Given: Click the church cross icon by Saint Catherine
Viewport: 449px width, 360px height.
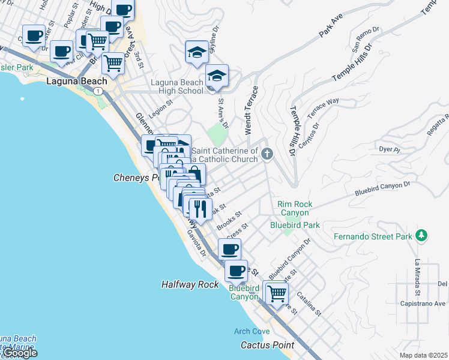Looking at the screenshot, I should pyautogui.click(x=267, y=155).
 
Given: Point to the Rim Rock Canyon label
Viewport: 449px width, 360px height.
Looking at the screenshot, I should pyautogui.click(x=293, y=208).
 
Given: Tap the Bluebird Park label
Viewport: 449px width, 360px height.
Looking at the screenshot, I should pyautogui.click(x=295, y=225).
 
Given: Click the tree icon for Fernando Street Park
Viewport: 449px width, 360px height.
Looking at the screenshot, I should pyautogui.click(x=422, y=235).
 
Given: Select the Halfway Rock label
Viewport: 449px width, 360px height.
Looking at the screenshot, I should pyautogui.click(x=190, y=284).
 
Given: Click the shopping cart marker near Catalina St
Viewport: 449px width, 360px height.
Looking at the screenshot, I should pyautogui.click(x=276, y=293).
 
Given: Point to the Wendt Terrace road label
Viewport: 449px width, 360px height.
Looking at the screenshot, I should pyautogui.click(x=252, y=110).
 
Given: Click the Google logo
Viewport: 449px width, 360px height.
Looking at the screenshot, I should pyautogui.click(x=19, y=353).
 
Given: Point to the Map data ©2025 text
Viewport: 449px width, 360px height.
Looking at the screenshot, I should pyautogui.click(x=423, y=355).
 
